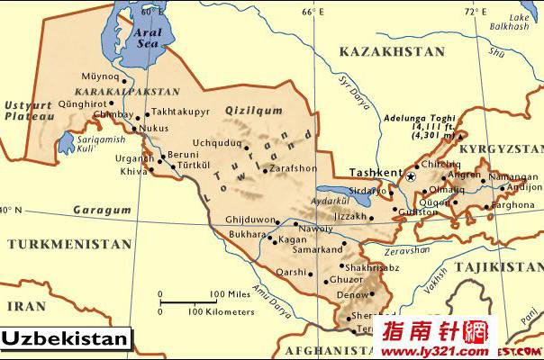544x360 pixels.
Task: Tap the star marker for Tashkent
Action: tap(411, 177)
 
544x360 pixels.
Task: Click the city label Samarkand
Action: tap(316, 249)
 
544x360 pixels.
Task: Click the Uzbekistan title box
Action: tap(67, 339)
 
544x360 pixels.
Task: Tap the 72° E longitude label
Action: tap(475, 12)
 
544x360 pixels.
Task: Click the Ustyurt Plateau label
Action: tap(25, 111)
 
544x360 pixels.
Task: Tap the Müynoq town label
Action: tap(100, 76)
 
